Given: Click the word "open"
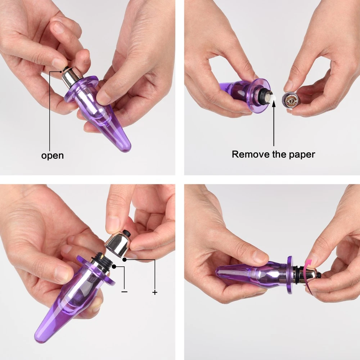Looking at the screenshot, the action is (52, 156).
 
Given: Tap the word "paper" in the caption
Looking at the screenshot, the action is (302, 155).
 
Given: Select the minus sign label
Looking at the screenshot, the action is (124, 292).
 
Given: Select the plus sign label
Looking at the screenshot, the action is (155, 292).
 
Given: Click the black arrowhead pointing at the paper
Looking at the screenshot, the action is (274, 103).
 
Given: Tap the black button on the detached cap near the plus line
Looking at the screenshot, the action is (127, 233).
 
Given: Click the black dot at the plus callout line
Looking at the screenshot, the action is (125, 260).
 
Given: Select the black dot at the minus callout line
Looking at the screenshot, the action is (114, 266).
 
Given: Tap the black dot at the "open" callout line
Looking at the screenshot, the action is (61, 71).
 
